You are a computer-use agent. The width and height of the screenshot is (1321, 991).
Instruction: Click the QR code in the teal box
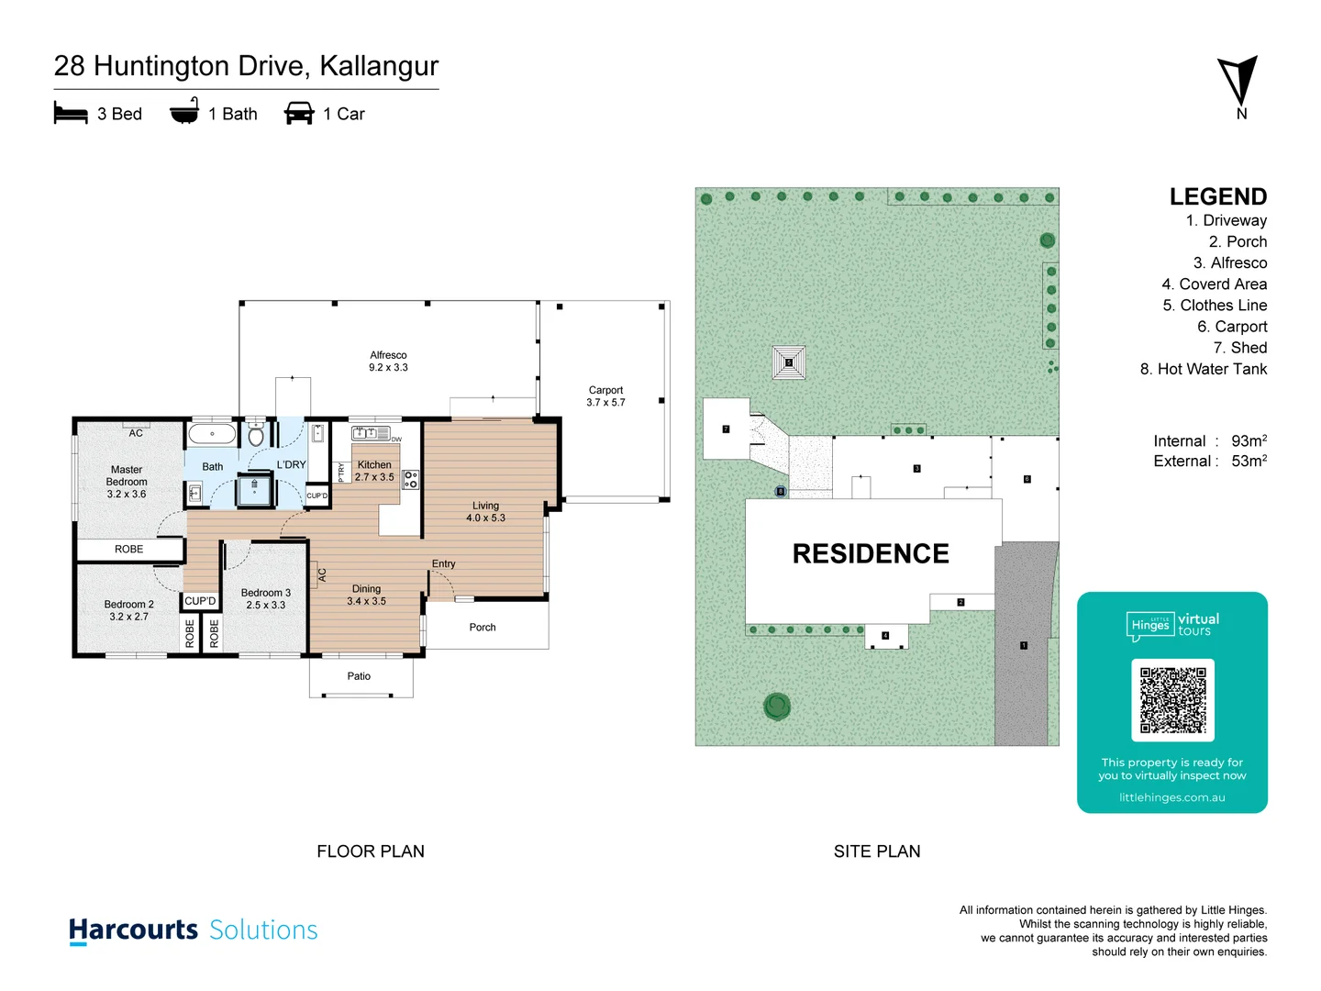point(1172,699)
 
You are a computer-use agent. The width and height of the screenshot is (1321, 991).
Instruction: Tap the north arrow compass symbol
point(1238,83)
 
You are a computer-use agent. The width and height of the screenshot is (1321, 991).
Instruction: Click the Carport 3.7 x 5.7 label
point(605,396)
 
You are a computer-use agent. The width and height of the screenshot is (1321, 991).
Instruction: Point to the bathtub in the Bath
point(212,433)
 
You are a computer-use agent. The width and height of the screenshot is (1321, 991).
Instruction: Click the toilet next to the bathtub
point(256,434)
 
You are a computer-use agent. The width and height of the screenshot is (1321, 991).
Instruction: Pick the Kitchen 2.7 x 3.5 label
point(374,471)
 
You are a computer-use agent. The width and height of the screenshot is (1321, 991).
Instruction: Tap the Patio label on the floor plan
point(359,676)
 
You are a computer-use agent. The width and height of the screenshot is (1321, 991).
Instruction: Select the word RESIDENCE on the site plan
point(871,554)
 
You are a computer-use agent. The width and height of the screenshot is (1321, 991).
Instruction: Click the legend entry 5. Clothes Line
point(1215,306)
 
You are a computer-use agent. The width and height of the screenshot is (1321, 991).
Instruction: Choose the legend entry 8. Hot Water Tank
point(1203,369)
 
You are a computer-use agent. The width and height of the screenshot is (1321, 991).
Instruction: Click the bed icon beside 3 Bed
point(71,114)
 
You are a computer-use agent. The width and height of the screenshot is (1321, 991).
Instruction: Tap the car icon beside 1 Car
point(299,114)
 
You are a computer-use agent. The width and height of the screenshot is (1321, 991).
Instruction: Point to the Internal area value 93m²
point(1249,441)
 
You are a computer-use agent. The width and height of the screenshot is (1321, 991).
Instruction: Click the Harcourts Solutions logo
point(194,930)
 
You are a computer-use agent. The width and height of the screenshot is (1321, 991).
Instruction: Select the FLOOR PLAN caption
point(371,852)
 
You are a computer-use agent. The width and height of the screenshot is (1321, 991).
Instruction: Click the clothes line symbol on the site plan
point(789,362)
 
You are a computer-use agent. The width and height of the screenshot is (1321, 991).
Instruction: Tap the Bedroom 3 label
point(266,599)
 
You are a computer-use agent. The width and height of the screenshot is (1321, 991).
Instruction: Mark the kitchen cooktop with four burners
point(411,479)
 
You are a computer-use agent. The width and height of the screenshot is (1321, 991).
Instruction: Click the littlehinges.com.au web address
point(1171,797)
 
